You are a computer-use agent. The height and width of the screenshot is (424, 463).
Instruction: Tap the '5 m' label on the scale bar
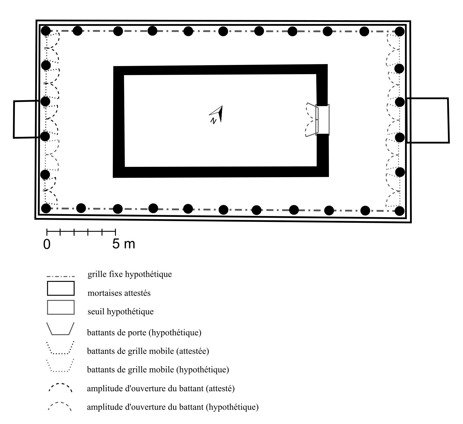tap(124, 244)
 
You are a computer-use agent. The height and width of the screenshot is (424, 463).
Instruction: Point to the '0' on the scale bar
tap(47, 244)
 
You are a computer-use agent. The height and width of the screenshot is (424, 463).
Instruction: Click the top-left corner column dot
tap(46, 31)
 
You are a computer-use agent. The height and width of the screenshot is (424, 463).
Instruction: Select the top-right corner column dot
tap(400, 31)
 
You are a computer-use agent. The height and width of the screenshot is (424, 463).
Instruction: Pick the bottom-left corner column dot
tap(46, 208)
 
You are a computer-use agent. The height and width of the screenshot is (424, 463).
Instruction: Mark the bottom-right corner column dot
tap(400, 211)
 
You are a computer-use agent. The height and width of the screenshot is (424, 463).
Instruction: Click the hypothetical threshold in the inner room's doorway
tap(322, 120)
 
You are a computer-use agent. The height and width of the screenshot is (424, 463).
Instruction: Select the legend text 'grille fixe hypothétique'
tap(130, 274)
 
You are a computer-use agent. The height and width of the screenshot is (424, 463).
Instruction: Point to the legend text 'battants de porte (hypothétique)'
tap(144, 333)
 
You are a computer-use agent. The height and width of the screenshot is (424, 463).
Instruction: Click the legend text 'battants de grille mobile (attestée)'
tap(148, 351)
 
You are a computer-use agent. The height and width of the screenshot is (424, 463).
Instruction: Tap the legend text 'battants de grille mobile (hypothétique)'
tap(158, 370)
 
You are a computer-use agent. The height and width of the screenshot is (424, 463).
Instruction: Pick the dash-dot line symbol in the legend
tap(61, 277)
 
